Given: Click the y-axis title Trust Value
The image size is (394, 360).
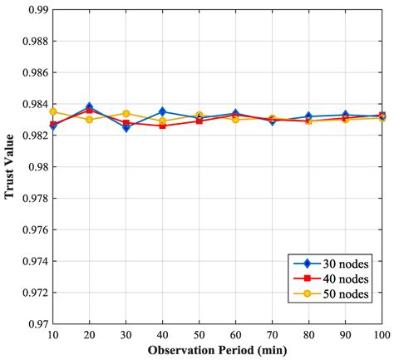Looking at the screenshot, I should [x=10, y=167].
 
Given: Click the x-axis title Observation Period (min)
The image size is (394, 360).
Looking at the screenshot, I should [x=218, y=349].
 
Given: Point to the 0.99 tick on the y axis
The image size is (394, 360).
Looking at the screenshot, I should [x=33, y=9].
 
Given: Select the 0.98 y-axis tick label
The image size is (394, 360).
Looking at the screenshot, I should [x=33, y=167].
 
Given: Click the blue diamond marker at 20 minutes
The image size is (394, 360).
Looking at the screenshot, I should [x=89, y=107].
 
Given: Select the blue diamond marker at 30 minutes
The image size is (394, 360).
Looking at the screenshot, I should [x=126, y=128].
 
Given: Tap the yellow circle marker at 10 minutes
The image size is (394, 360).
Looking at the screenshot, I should [x=52, y=111].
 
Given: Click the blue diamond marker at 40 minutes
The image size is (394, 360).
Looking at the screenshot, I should [x=162, y=111].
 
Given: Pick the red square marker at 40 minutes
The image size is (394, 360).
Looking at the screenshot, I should [x=162, y=126].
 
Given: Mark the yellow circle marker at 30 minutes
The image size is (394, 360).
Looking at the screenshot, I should [x=126, y=113].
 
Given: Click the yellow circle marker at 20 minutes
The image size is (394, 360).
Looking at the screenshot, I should [x=89, y=120].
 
